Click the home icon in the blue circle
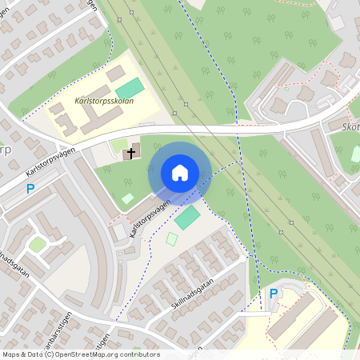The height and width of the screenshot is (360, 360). (180, 173)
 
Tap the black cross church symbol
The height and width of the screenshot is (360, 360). (130, 151)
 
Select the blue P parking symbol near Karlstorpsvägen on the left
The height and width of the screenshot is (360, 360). (30, 189)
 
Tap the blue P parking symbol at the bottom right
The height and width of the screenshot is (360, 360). (273, 294)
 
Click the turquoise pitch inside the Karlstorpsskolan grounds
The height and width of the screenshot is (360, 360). (131, 88)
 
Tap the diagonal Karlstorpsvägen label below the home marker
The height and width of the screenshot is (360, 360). (150, 218)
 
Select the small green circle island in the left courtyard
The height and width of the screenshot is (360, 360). (38, 243)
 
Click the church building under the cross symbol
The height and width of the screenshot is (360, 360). (131, 152)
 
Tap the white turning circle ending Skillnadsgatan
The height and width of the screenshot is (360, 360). (242, 259)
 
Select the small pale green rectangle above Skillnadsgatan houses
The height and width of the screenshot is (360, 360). (172, 238)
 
